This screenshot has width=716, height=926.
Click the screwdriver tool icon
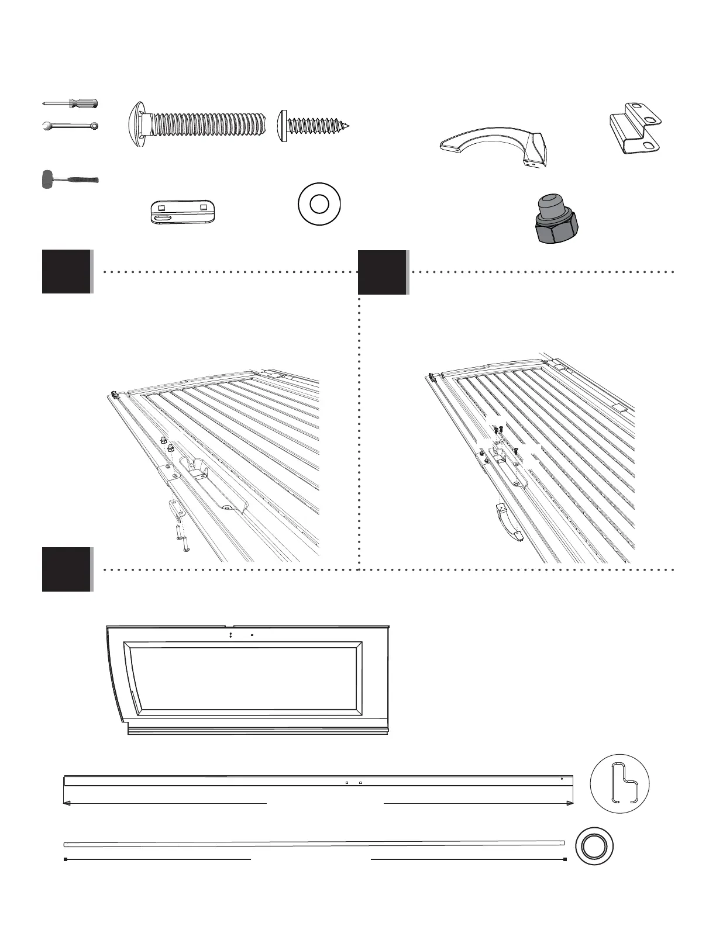pyautogui.click(x=71, y=103)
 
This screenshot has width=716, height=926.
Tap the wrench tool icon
pyautogui.click(x=71, y=126)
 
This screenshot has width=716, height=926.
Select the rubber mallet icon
pyautogui.click(x=69, y=179)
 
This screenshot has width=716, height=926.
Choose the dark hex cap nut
pyautogui.click(x=556, y=219)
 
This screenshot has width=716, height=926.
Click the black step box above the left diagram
pyautogui.click(x=67, y=272)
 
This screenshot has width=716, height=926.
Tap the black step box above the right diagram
pyautogui.click(x=383, y=272)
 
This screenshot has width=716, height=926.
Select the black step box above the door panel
pyautogui.click(x=67, y=569)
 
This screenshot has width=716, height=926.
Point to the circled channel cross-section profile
pyautogui.click(x=620, y=783)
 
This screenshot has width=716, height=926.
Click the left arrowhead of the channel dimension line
pyautogui.click(x=67, y=804)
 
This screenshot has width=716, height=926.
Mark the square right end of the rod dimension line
pyautogui.click(x=565, y=859)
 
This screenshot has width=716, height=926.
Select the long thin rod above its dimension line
pyautogui.click(x=314, y=844)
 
